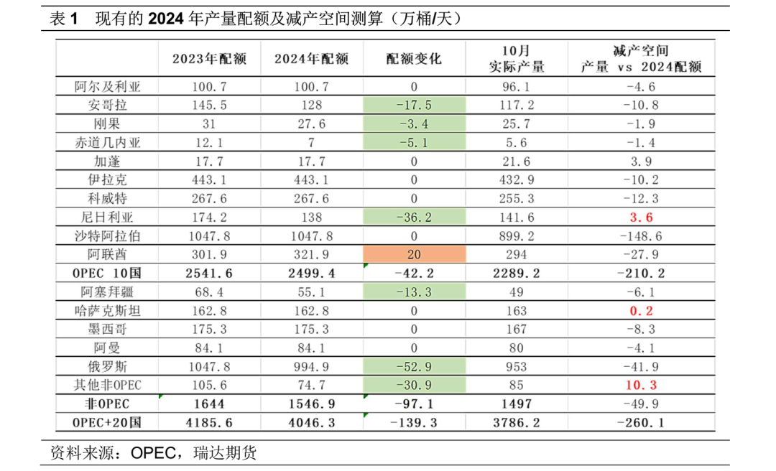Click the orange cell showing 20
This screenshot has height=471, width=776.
coord(414,254)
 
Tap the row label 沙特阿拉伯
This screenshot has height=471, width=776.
coord(108,235)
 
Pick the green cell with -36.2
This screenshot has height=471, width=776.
coord(414,217)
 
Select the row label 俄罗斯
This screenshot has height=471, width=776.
coord(108,366)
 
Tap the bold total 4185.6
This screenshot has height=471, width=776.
coord(208,422)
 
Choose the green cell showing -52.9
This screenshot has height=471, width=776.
coord(414,366)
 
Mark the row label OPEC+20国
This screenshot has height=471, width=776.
coord(108,422)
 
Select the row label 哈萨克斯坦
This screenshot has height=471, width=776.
coord(108,310)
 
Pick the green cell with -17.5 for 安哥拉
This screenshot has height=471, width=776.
coord(414,105)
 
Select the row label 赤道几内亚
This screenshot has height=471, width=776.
coord(108,142)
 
